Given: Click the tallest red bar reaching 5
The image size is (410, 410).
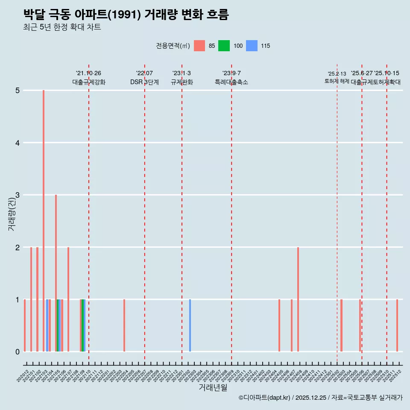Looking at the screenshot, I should coord(44,220).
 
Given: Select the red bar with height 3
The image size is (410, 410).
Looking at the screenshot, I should coord(56,273).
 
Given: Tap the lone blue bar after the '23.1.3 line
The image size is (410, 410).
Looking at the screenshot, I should coord(190,325).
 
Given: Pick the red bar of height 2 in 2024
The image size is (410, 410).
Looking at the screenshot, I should coord(298,299).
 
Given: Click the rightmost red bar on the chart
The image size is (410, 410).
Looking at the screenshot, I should coord(397,325).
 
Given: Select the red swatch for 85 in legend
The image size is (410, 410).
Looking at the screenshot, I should coord(199,46).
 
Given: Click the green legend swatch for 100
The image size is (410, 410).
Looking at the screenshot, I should coord(224,46).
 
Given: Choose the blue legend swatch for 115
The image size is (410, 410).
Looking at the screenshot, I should coord(252,46).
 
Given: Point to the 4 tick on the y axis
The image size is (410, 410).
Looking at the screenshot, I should coord(18,143).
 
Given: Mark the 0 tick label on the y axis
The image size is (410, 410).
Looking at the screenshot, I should coord(18,352).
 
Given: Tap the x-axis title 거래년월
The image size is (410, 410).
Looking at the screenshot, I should coord(213,387).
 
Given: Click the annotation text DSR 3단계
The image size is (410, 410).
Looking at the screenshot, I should coord(144,82).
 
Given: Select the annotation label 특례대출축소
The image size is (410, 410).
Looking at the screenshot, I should coord(231,82).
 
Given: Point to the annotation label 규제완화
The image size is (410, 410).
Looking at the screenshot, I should coord(182,82).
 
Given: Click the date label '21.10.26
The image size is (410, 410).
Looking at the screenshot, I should coord(88,73).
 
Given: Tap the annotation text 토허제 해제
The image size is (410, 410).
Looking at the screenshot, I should coord(337,81).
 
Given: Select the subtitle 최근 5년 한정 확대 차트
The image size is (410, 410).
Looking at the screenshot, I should coord(62,27).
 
